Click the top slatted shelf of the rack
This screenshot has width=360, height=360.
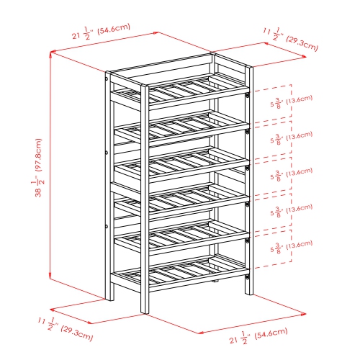click(180, 90)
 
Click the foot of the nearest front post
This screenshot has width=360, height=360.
click(144, 310)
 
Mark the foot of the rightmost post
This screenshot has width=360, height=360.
click(249, 292)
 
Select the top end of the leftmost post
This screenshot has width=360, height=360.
click(107, 74)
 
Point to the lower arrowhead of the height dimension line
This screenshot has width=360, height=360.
click(50, 281)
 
